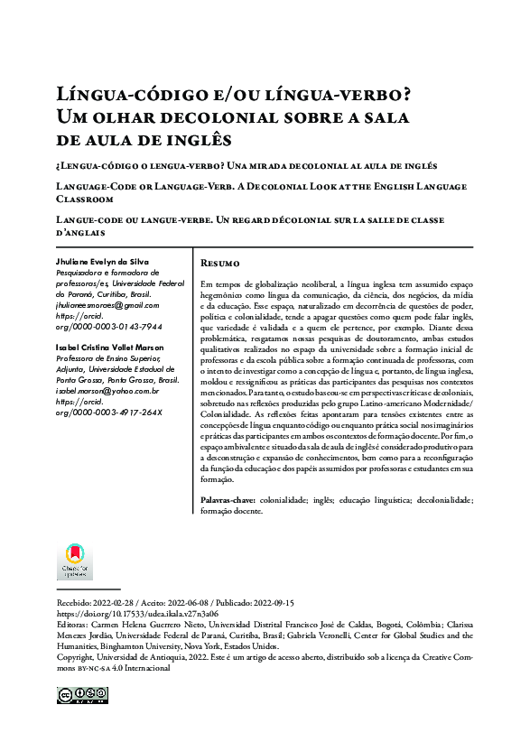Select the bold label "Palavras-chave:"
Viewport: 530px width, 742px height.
[226, 499]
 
